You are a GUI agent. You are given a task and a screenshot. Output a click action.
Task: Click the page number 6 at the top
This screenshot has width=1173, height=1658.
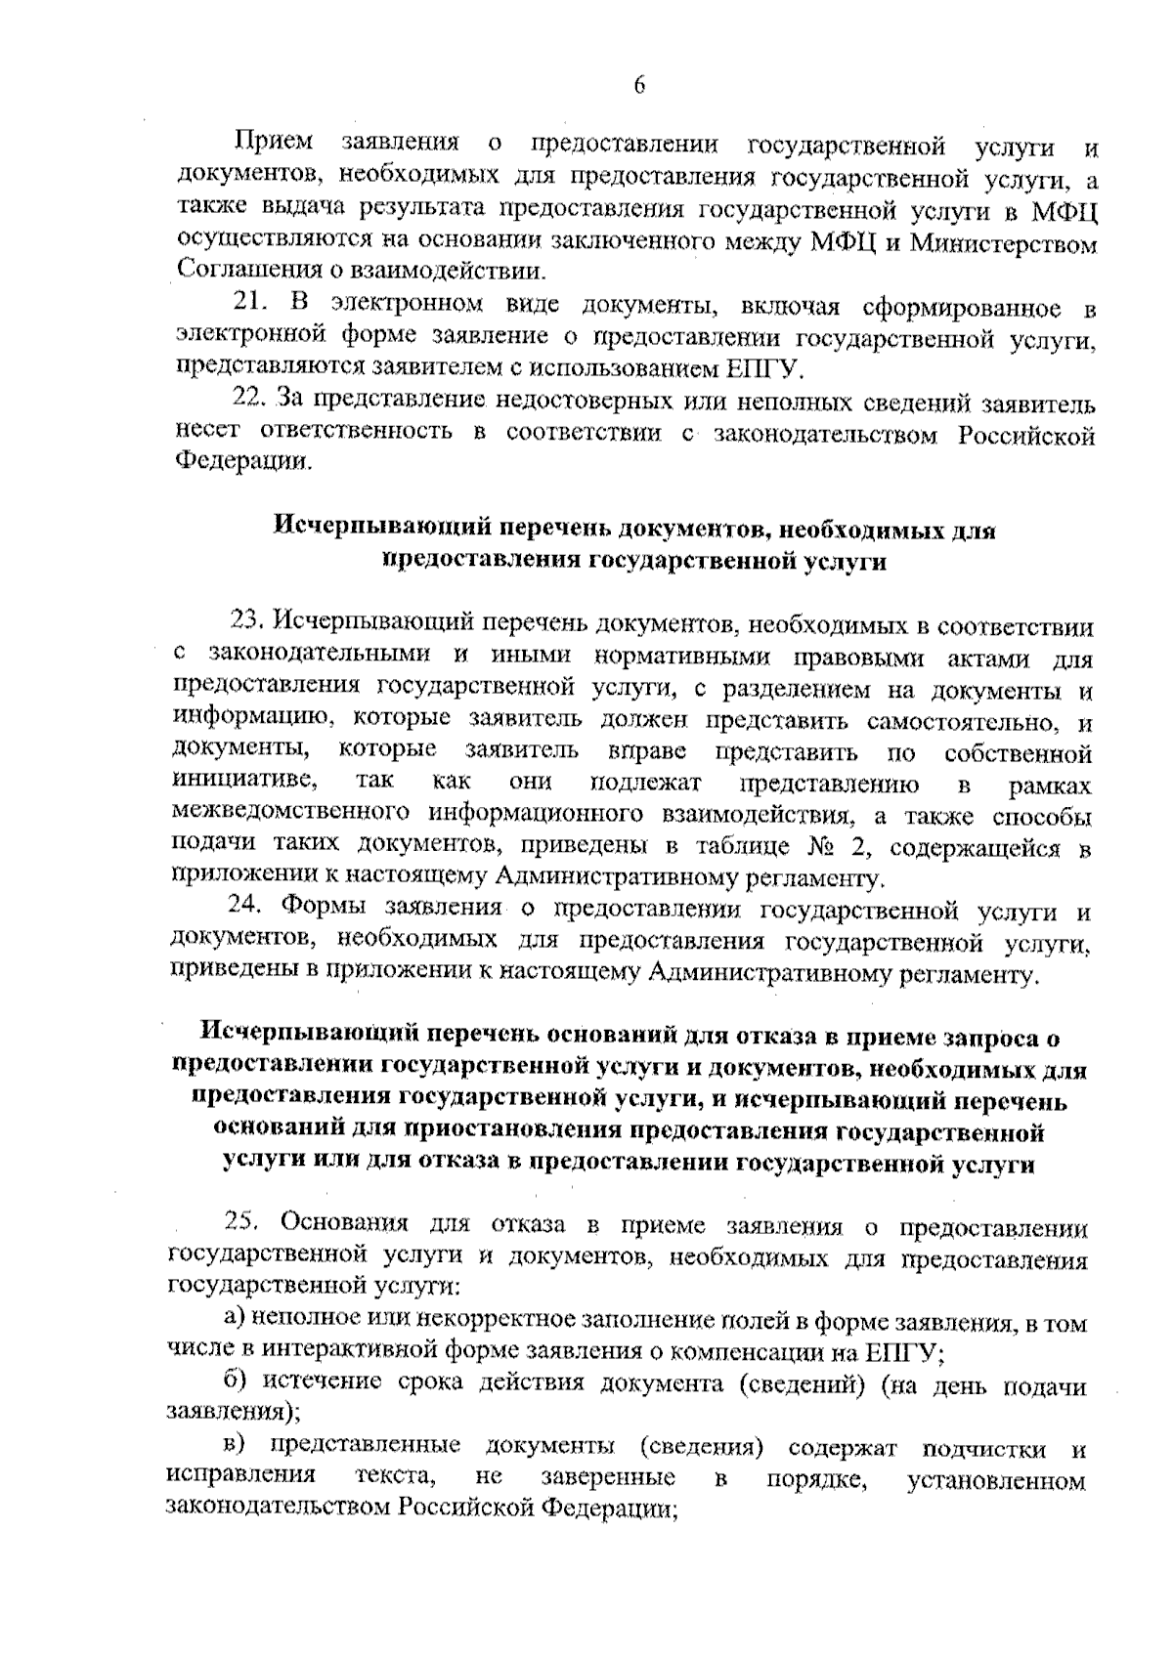[x=639, y=86]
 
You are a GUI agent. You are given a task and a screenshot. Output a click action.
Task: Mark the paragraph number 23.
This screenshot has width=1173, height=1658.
[x=249, y=620]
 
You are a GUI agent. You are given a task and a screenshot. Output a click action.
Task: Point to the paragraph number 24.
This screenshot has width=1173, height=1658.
[x=248, y=909]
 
